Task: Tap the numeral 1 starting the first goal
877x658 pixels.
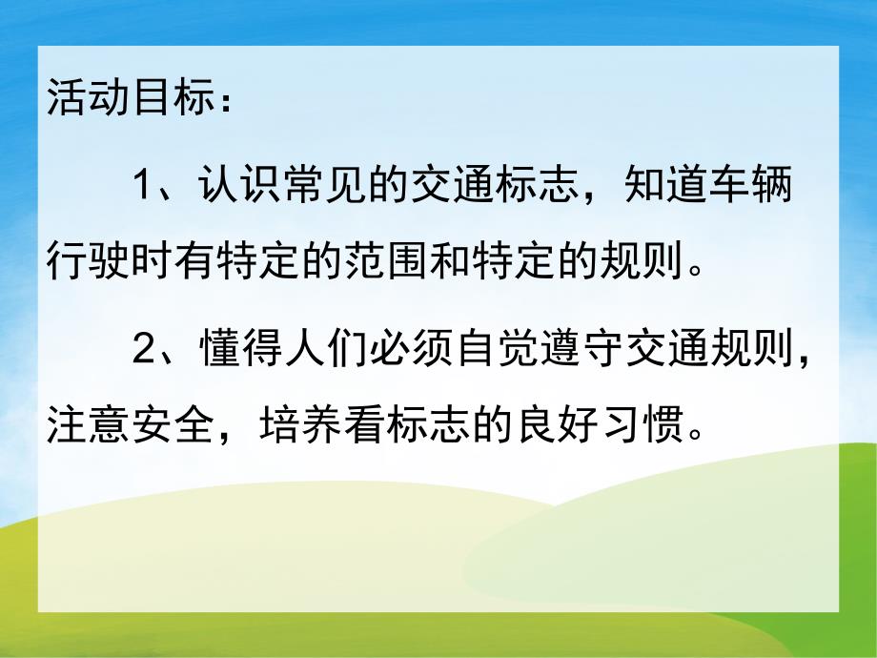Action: [142, 184]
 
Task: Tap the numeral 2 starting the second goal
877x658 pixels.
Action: [142, 352]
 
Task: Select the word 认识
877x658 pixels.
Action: [236, 184]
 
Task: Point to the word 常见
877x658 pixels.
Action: [322, 184]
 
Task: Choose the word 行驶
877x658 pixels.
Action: [89, 257]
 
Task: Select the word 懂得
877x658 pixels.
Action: [236, 352]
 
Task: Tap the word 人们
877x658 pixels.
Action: [322, 352]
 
